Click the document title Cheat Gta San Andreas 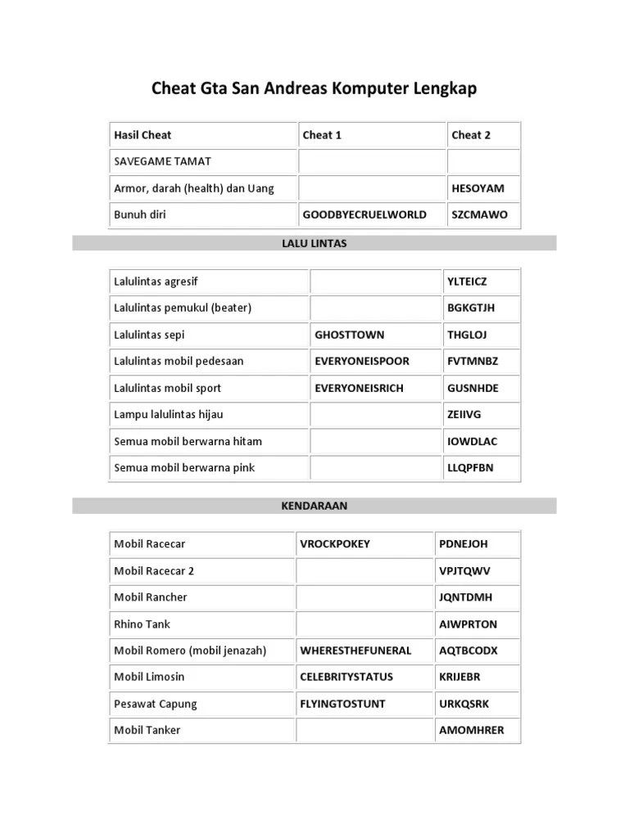coord(314,88)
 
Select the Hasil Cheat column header coord(143,135)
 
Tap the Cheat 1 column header coord(322,135)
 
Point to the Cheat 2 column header coord(471,135)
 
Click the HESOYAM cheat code coord(477,188)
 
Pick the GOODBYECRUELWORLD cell coord(364,214)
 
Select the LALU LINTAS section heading coord(314,243)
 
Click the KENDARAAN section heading coord(314,506)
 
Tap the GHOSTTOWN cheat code coord(349,335)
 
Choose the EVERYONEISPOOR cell coord(362,361)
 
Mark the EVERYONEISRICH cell coord(359,388)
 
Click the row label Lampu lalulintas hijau coord(168,415)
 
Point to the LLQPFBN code coord(470,468)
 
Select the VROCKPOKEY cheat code coord(335,543)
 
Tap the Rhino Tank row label coord(142,624)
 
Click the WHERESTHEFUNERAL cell coord(355,651)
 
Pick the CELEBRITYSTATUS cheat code coord(346,677)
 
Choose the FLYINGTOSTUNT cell coord(342,704)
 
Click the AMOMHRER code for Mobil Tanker coord(472,730)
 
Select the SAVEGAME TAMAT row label coord(162,161)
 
